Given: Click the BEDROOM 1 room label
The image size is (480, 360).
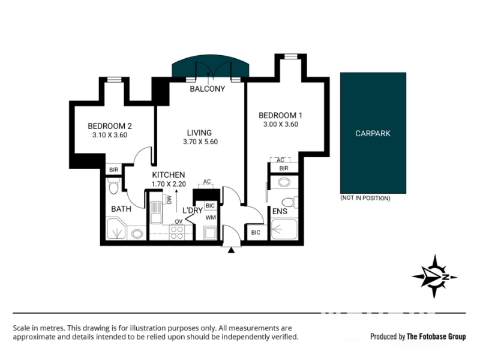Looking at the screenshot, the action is point(280,115).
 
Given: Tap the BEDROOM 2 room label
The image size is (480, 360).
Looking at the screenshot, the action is point(110,126).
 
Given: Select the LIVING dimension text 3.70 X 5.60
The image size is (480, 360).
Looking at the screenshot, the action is point(200,142).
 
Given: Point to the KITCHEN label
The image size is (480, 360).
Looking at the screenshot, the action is point(169,175).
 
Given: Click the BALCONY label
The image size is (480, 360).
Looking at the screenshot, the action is point(207,89).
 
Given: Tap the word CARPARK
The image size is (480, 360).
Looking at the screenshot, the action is point(373,133).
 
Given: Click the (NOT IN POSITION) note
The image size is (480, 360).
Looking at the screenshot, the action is point(365,198).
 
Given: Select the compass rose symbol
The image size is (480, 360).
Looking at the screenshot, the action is point(434,277).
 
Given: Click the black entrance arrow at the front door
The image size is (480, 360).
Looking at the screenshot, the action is point(231,250).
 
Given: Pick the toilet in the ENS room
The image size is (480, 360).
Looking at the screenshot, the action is point(289,202).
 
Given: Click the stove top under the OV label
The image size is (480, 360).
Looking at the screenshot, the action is point(177,232).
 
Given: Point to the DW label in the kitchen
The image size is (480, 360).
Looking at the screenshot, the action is point(169,200).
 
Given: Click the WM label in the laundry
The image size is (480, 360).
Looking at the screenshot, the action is point(211,218).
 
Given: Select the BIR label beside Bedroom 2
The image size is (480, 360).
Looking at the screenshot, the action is point(113,170).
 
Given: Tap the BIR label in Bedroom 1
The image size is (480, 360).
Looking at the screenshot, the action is point(284,169).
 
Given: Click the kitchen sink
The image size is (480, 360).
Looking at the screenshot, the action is point(156,212).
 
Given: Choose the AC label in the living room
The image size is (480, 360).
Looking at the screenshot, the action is point(207,182).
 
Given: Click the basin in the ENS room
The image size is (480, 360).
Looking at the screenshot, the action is point(284,182).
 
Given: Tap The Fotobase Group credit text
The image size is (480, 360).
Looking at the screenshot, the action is point(436,337).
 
